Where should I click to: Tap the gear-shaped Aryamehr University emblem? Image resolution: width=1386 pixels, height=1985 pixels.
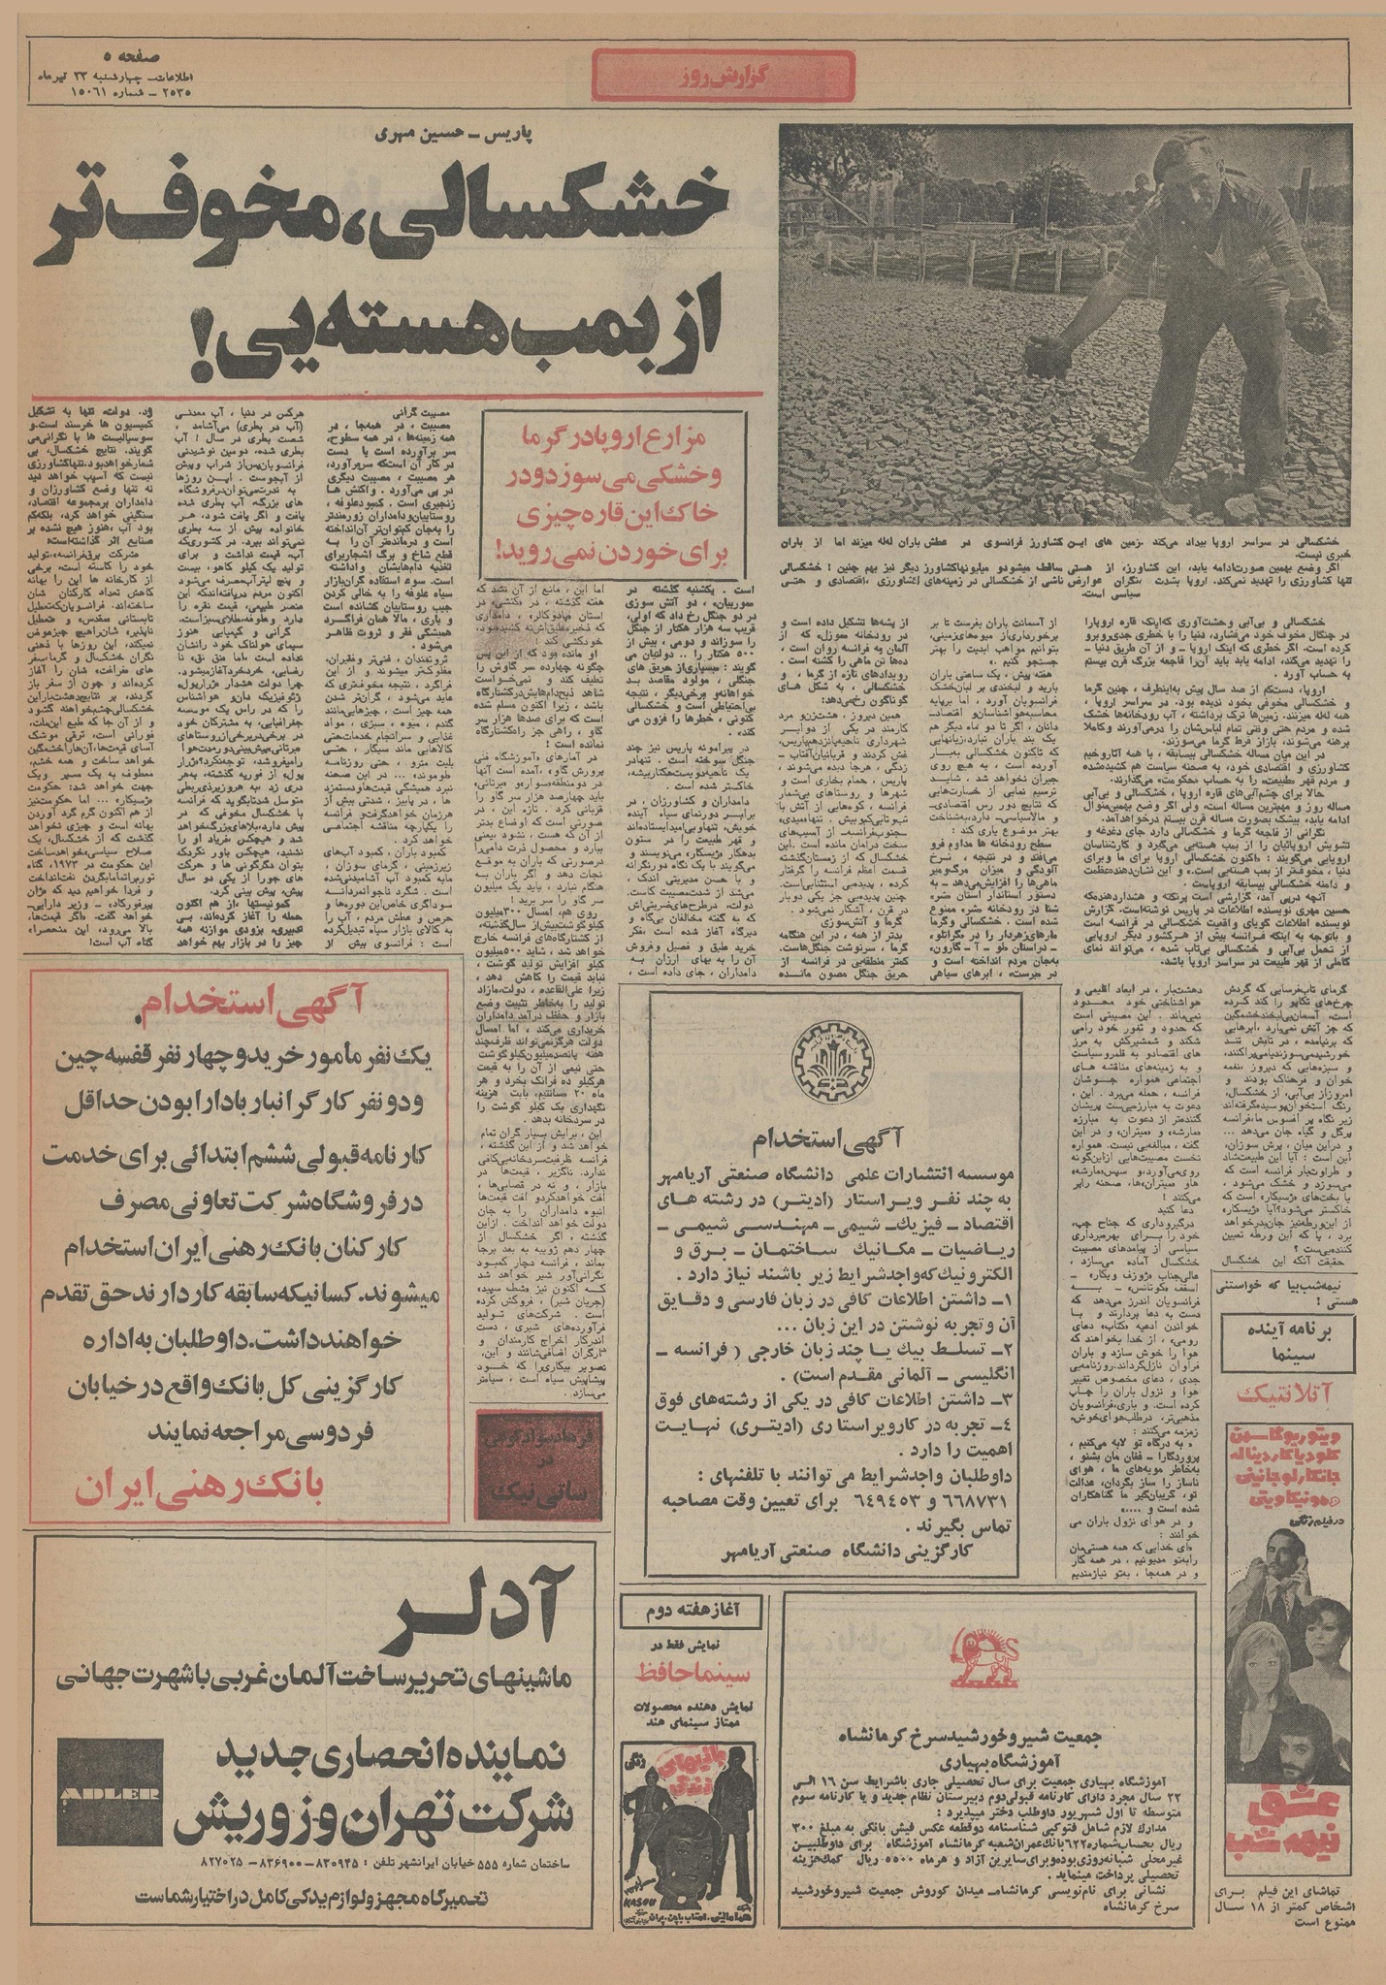point(833,1061)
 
